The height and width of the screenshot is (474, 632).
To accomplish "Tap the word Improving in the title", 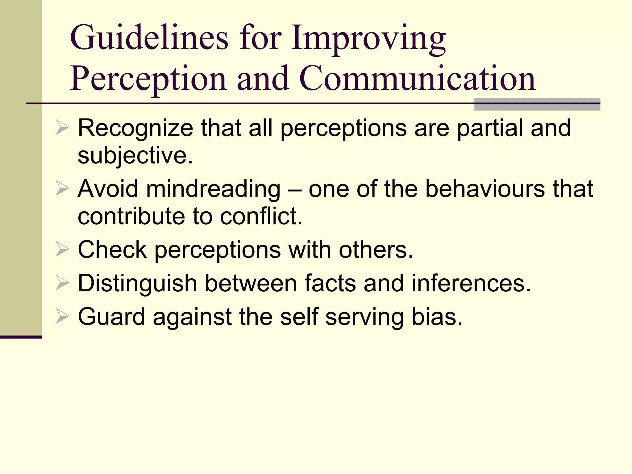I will coord(368,39).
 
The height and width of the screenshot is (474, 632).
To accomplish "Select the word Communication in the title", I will coord(417,79).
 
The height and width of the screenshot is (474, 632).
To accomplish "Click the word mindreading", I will coord(213,189).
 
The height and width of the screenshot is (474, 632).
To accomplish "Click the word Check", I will coord(112,249).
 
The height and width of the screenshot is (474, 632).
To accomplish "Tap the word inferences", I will coord(471,283).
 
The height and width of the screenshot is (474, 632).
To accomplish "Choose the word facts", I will coord(330,283).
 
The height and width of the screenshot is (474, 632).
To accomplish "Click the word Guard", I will coord(111,317).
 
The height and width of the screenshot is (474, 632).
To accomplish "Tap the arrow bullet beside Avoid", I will coord(62,189).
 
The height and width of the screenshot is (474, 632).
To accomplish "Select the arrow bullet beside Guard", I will coord(62,317).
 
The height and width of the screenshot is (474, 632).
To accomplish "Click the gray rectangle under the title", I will coord(537,104).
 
